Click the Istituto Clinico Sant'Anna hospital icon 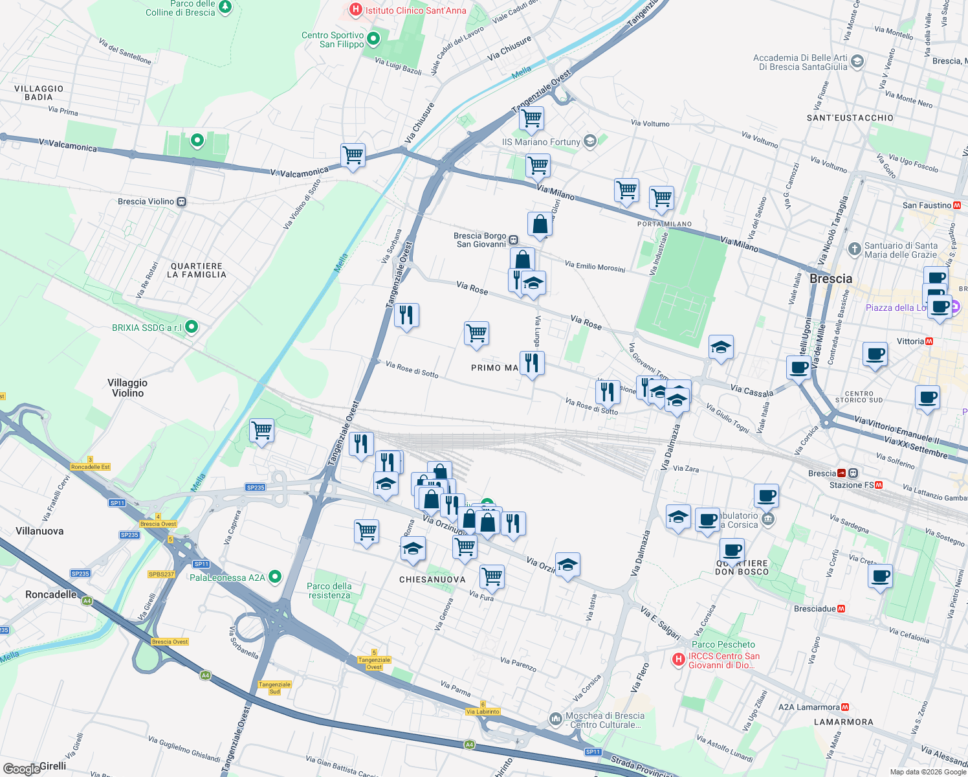pos(355,10)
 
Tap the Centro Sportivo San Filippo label pos(333,40)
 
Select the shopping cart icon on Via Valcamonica pos(353,155)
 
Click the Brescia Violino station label pos(146,201)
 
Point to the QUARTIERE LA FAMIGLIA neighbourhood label pos(197,271)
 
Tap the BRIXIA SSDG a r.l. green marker pos(192,327)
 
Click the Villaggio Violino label pos(127,388)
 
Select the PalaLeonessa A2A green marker pos(275,576)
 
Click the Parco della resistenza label pos(329,591)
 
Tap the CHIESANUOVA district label pos(432,580)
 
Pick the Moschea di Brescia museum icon pos(555,719)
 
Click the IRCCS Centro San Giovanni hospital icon pos(678,660)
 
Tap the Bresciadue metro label pos(815,609)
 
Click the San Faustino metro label pos(927,205)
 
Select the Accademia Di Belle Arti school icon pos(857,62)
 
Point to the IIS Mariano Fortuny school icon pos(589,141)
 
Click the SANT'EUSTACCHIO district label pos(850,118)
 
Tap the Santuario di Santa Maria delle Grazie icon pos(854,249)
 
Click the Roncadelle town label pos(50,594)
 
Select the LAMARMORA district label pos(843,722)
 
